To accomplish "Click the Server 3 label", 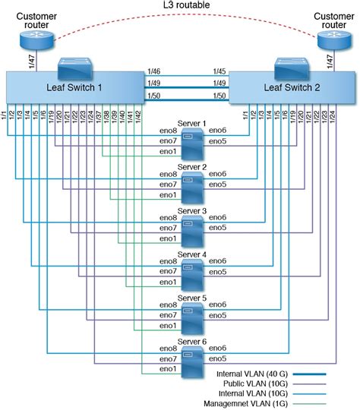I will coord(191,211).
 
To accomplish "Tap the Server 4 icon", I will coord(191,272).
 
